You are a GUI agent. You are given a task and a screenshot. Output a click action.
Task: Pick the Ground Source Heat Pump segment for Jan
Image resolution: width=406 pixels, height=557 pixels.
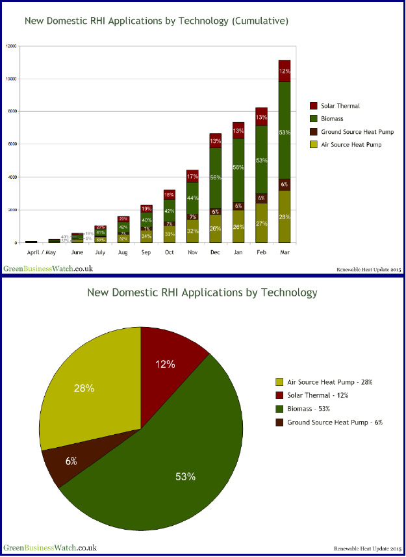238,206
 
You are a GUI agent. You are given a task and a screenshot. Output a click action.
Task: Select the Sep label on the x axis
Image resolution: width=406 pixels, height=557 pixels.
147,252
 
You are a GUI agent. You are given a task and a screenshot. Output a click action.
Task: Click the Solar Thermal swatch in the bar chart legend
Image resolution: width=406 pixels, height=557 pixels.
313,106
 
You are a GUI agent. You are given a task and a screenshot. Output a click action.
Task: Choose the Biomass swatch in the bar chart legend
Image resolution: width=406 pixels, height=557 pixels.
313,119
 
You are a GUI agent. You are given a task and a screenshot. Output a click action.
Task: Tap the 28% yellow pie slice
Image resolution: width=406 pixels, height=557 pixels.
88,390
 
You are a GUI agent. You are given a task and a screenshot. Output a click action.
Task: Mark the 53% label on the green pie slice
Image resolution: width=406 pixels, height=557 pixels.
184,477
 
